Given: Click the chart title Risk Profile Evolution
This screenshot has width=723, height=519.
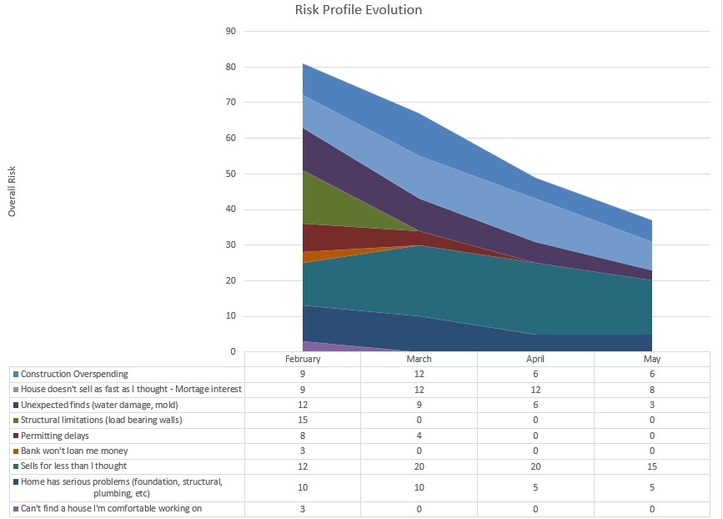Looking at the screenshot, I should (x=359, y=11).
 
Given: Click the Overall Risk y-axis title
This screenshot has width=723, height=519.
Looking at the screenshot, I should (x=12, y=191).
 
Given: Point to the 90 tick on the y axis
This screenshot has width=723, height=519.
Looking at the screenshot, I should (x=231, y=32).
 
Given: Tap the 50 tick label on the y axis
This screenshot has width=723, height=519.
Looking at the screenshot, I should (x=231, y=174).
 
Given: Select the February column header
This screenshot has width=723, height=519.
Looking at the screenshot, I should (x=302, y=359).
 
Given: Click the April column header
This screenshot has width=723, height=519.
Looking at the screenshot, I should (x=535, y=359).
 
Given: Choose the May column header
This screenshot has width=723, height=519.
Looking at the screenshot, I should (x=652, y=359).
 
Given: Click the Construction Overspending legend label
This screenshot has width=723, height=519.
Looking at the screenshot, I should (x=74, y=374).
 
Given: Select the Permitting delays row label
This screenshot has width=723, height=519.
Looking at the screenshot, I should (x=55, y=435).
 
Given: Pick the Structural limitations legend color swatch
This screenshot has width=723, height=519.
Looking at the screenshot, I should (x=15, y=420).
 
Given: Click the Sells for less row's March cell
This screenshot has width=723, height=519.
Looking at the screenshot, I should (x=419, y=466).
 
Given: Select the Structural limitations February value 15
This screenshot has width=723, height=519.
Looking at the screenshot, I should (x=302, y=420).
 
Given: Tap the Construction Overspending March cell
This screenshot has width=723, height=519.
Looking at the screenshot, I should (x=419, y=374).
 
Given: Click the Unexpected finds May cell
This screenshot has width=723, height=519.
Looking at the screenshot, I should (x=652, y=405).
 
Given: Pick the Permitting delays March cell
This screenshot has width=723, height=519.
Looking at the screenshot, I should (x=419, y=435).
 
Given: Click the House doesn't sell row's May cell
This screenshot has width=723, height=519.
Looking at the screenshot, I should (x=652, y=389).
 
